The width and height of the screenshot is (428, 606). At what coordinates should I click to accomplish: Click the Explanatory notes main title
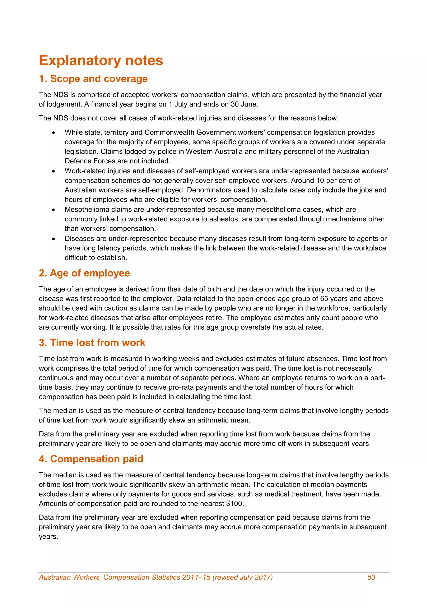(101, 60)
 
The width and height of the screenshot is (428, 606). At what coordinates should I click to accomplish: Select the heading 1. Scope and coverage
(93, 79)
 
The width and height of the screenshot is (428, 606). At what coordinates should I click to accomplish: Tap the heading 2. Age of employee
(84, 273)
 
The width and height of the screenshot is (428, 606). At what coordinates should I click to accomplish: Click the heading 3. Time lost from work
(92, 343)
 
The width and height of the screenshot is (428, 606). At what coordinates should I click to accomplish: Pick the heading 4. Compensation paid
(91, 459)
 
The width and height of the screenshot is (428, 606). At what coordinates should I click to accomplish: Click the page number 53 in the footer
(371, 577)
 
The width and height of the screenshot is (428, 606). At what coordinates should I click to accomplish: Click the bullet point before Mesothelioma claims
(54, 210)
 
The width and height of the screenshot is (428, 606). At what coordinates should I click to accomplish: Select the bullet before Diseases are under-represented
(54, 239)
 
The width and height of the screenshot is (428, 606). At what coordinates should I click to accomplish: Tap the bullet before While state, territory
(54, 133)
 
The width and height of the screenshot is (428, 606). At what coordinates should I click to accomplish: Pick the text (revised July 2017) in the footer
(242, 577)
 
